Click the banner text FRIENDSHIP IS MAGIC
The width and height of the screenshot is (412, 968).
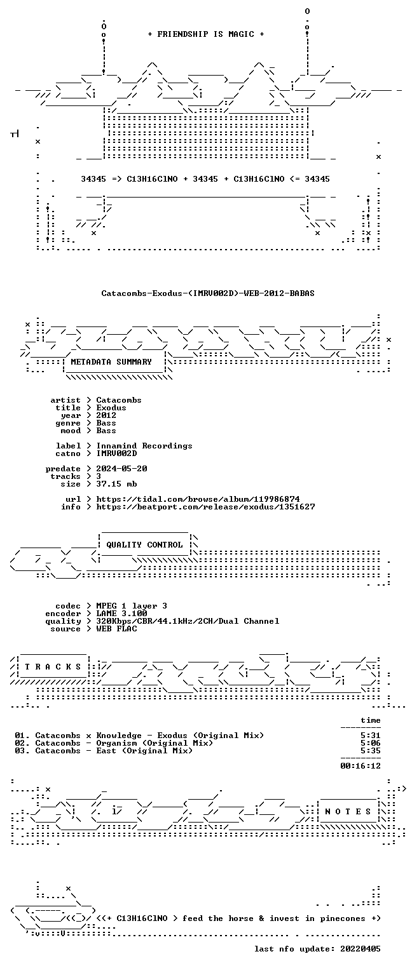[x=205, y=34]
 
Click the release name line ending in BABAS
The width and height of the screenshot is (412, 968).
[x=208, y=293]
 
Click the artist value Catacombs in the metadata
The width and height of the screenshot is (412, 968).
[x=119, y=400]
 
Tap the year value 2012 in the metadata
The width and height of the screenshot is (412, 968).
[x=106, y=415]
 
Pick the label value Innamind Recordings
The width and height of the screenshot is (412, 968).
[x=144, y=445]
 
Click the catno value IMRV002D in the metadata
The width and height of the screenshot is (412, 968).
[x=116, y=454]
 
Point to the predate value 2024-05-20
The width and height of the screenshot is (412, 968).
[x=121, y=469]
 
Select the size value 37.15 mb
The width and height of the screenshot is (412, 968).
[x=116, y=484]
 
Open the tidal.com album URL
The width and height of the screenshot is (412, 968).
[x=198, y=499]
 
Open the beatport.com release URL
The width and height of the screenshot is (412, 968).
[x=205, y=506]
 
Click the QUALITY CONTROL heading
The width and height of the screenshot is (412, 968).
[x=144, y=544]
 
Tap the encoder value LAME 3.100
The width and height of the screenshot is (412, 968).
[x=121, y=613]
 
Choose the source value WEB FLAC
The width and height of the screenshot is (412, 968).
[x=116, y=629]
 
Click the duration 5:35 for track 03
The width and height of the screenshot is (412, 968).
[x=371, y=751]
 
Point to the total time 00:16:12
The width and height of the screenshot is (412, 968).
[x=360, y=766]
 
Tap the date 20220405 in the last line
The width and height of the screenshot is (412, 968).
[x=360, y=948]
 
